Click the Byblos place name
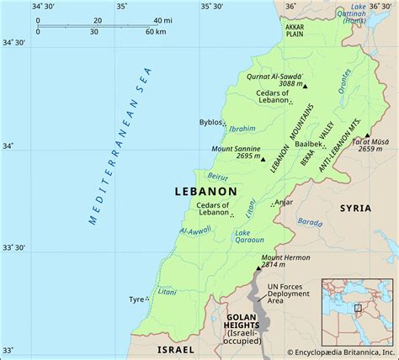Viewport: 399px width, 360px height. (x=211, y=122)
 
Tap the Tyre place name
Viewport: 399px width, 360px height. (x=136, y=299)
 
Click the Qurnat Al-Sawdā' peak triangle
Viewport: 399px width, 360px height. (x=306, y=86)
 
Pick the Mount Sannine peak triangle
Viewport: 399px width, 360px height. (x=263, y=158)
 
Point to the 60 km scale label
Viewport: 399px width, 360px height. (x=155, y=31)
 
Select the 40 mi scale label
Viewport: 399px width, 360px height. (x=159, y=19)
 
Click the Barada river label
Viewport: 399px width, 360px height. (x=309, y=223)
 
